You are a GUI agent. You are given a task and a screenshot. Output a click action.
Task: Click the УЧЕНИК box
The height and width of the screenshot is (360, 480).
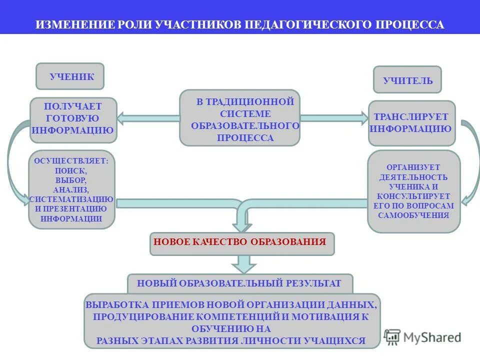70,76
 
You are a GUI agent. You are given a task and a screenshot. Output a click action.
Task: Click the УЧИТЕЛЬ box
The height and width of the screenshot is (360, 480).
407,80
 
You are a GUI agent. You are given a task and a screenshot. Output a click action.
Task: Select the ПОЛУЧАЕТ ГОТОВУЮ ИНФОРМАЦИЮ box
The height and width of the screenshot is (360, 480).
73,119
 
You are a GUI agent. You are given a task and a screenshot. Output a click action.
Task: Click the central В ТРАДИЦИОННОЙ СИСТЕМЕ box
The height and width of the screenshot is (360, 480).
239,118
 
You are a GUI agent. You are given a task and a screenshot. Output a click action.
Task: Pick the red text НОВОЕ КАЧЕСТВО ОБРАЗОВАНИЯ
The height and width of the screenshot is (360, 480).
239,242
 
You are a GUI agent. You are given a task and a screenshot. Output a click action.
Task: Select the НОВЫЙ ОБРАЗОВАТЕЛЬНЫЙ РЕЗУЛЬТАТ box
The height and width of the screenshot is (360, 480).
239,283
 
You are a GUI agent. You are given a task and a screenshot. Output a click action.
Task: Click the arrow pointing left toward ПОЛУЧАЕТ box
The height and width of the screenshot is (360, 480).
148,118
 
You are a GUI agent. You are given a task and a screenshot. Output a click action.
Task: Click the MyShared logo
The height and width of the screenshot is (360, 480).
423,337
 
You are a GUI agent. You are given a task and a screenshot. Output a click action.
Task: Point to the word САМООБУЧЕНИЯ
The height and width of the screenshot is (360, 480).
413,215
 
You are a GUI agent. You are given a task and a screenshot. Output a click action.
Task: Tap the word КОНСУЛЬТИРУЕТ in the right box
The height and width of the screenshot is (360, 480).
413,196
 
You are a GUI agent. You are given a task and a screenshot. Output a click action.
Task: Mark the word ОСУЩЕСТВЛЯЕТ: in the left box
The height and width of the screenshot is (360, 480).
71,161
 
